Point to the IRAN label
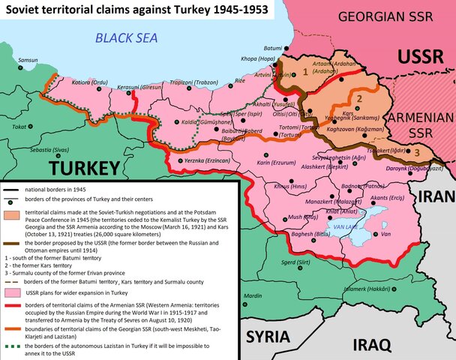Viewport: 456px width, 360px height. click(x=436, y=196)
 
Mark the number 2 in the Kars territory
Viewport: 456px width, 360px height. click(x=359, y=98)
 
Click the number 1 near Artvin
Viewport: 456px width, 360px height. click(x=304, y=72)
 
